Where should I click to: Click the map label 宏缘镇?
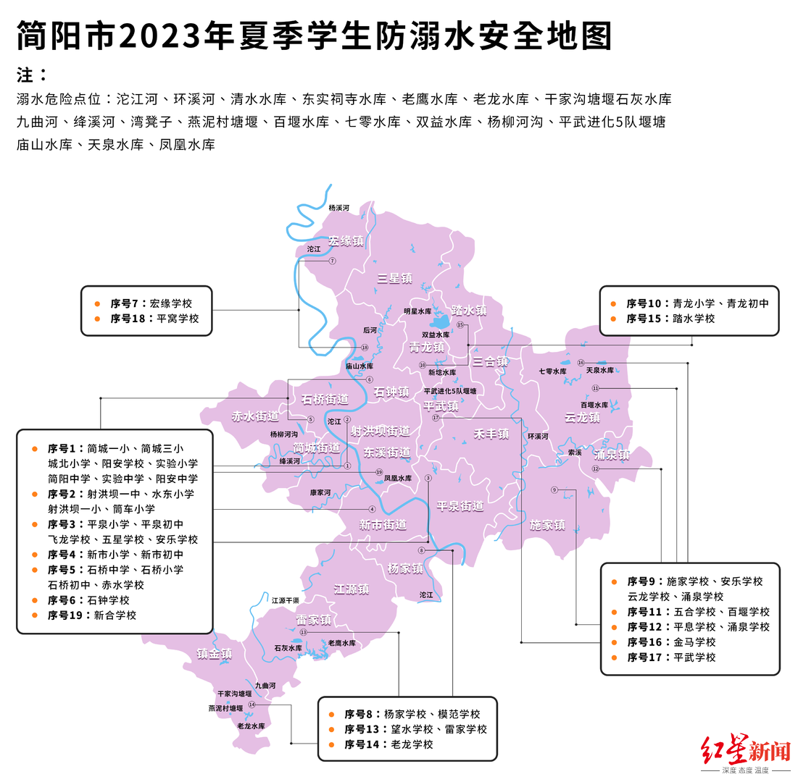tap(346, 240)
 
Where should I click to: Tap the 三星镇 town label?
tap(395, 278)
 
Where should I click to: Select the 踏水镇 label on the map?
tap(468, 310)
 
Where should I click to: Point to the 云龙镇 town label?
tap(582, 418)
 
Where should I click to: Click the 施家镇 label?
tap(547, 525)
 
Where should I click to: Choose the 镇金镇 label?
tap(215, 654)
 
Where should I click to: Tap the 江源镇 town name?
tap(352, 589)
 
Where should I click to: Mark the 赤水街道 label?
tap(255, 416)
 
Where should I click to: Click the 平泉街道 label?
tap(460, 506)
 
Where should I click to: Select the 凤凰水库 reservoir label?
tap(397, 479)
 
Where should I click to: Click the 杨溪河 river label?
tap(338, 208)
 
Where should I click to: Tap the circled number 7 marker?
tap(333, 261)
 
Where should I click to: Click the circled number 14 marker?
tap(252, 705)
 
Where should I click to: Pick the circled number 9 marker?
tap(554, 490)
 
